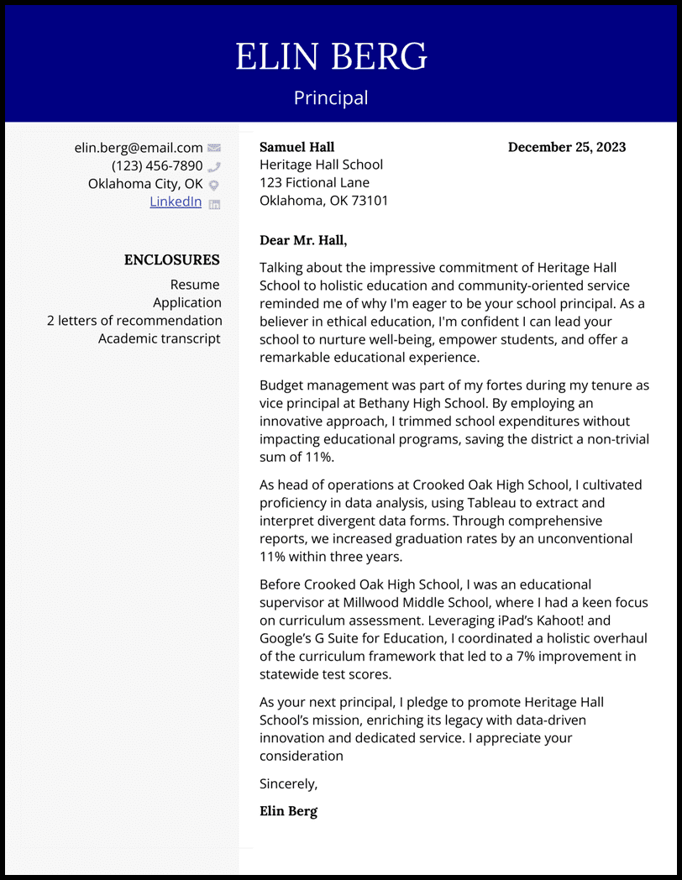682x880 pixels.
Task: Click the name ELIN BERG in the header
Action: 331,57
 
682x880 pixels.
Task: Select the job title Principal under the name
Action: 331,98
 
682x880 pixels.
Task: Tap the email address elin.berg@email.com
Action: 139,148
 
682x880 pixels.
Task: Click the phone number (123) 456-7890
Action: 157,166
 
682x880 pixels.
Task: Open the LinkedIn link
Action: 176,202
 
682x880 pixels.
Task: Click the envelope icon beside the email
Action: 214,149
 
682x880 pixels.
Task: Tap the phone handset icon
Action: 214,167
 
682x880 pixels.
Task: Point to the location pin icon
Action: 214,185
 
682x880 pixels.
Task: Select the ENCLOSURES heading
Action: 171,260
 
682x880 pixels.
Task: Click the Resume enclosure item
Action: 195,285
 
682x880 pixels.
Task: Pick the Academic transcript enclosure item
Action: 159,338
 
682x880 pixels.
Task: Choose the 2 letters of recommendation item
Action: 134,321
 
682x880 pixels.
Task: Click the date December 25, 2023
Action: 567,147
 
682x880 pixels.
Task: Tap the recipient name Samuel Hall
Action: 296,147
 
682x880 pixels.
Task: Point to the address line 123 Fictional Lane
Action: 314,183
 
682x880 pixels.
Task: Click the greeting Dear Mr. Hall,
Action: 303,240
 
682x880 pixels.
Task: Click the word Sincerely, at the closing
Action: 289,784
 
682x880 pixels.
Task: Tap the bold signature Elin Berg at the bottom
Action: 288,811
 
